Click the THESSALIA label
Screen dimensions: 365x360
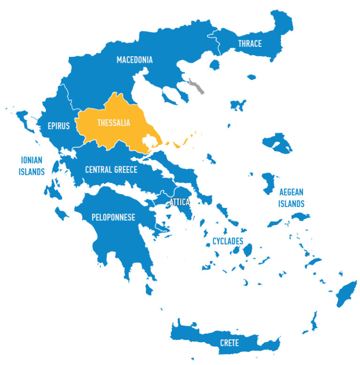click(113, 123)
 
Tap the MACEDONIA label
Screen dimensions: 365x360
click(135, 60)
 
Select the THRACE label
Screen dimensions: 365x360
click(250, 44)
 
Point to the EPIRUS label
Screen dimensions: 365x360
click(59, 126)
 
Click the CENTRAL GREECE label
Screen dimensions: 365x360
click(111, 170)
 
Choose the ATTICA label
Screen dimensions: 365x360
click(180, 202)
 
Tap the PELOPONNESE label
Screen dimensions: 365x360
click(113, 217)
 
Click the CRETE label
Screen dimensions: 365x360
click(229, 343)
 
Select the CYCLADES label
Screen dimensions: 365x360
click(228, 241)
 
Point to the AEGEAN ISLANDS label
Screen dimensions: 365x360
click(292, 198)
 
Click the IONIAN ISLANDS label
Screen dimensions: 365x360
click(31, 166)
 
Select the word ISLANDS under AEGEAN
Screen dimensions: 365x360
click(292, 204)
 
